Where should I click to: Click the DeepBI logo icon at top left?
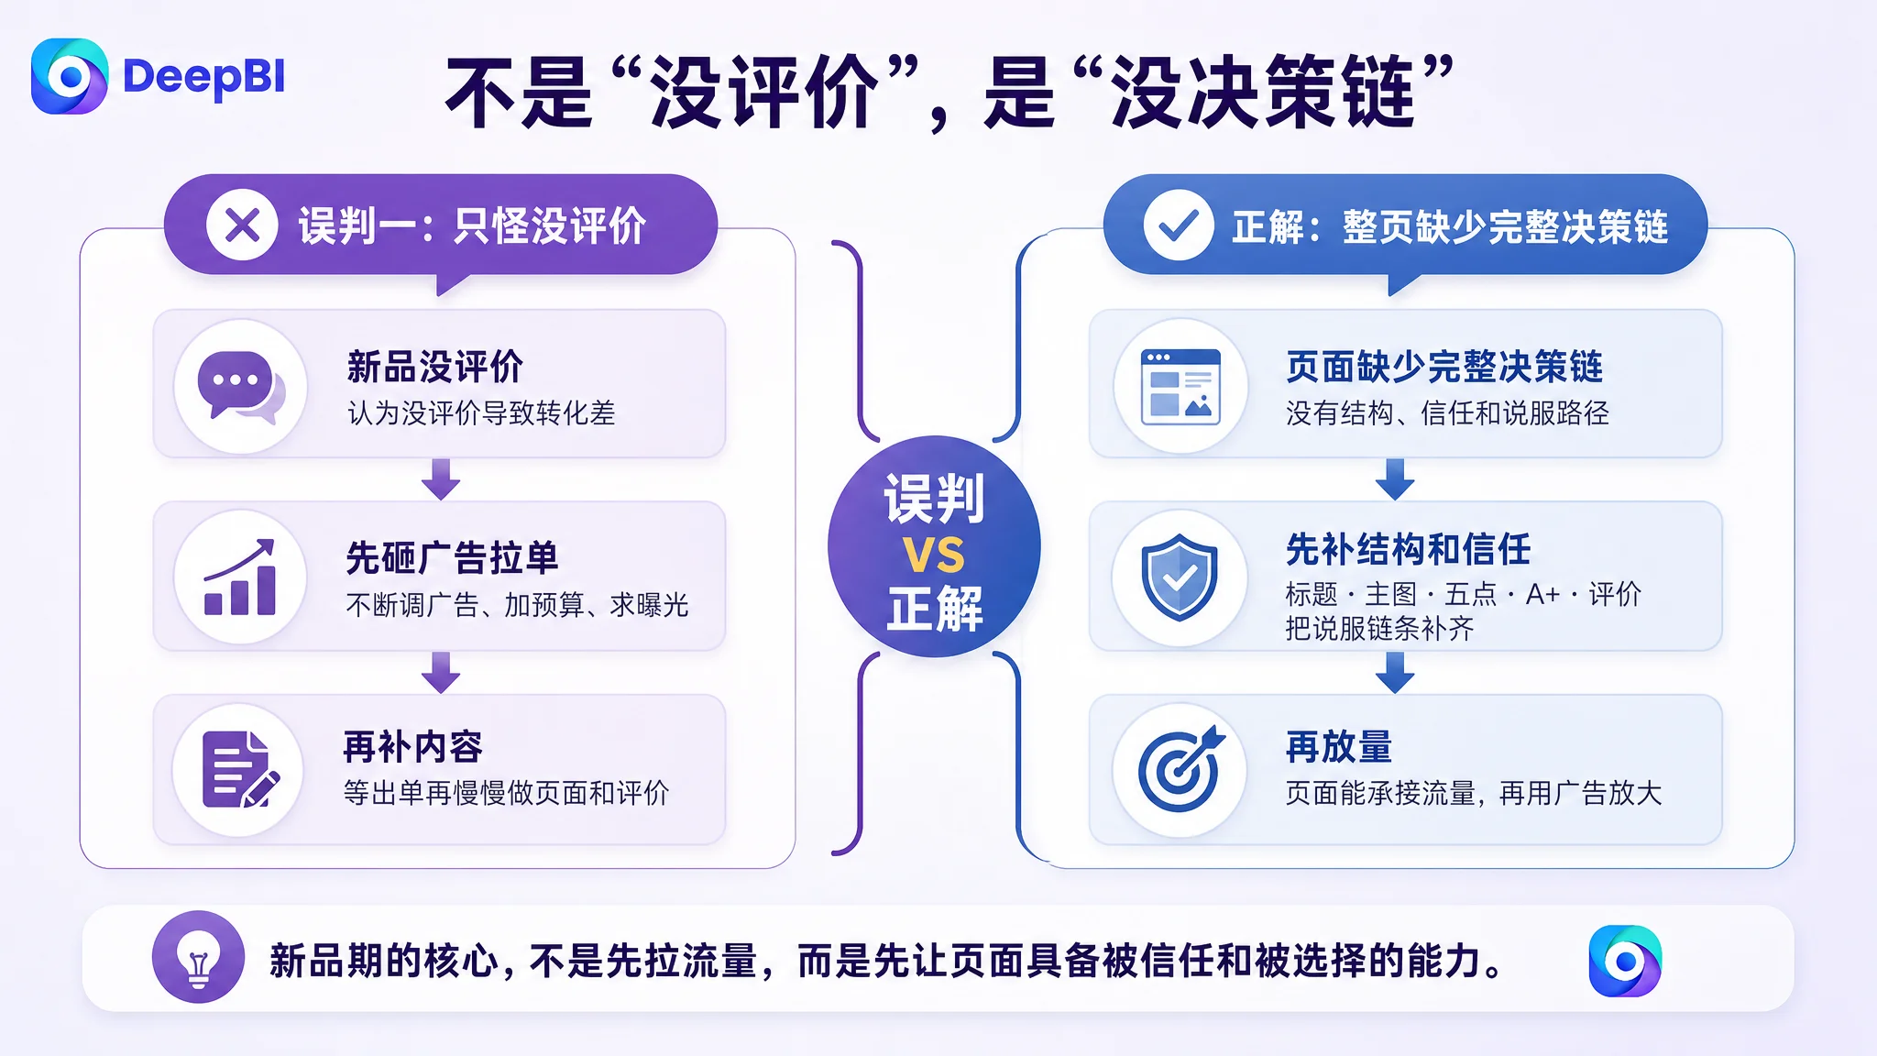[70, 76]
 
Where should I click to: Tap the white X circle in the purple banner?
[242, 225]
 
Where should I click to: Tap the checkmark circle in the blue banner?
[1179, 225]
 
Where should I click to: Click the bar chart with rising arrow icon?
[240, 577]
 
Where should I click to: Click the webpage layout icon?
[1180, 386]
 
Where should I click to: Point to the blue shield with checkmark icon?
[1180, 577]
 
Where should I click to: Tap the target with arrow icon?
[1180, 769]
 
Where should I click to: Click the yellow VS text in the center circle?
[934, 555]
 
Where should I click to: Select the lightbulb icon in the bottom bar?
[198, 957]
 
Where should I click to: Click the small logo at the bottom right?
[1625, 961]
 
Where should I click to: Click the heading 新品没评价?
[435, 367]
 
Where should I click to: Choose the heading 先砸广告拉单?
[453, 557]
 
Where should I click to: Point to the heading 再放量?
[1339, 747]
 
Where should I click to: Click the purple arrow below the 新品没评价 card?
[441, 479]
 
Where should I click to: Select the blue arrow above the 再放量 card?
[1395, 673]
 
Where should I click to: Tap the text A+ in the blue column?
[1542, 594]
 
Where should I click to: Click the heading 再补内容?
[413, 747]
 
